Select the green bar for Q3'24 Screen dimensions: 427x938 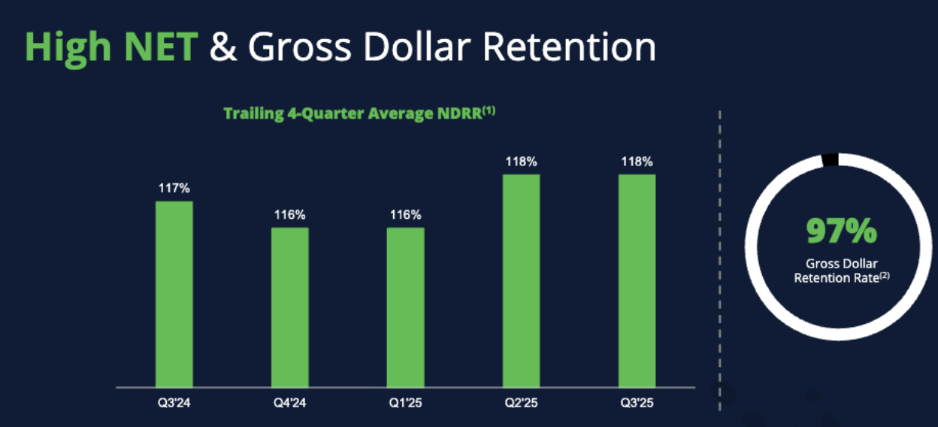pos(174,294)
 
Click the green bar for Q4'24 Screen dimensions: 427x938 pos(289,307)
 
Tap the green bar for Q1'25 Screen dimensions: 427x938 pos(405,307)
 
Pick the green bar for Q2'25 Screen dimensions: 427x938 pos(521,280)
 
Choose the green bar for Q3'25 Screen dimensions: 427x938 pos(637,280)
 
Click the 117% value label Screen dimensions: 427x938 pos(174,188)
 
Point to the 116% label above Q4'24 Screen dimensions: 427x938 pos(289,215)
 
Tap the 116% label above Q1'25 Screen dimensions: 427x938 pos(405,215)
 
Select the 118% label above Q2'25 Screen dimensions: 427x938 pos(521,162)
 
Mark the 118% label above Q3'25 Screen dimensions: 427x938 pos(637,162)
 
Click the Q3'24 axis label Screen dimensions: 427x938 pos(174,403)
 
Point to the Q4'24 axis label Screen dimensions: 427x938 pos(289,403)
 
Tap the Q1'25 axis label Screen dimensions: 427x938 pos(405,403)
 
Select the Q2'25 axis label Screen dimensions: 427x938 pos(521,403)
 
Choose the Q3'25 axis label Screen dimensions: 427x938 pos(637,403)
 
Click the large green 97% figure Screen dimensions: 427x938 pos(841,231)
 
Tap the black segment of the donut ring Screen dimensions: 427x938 pos(831,159)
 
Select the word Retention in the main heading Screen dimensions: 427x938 pos(568,47)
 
